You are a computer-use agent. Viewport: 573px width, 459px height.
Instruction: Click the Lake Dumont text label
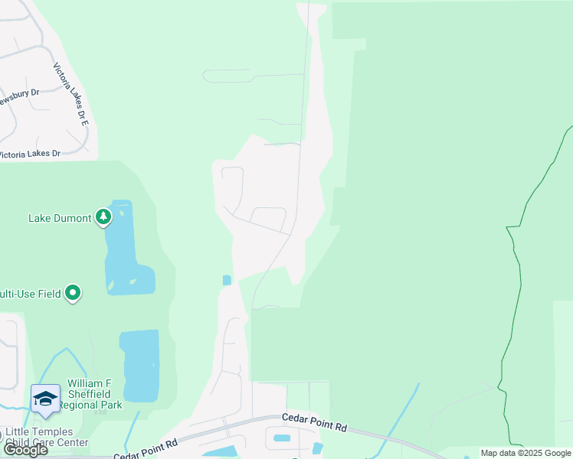pos(60,218)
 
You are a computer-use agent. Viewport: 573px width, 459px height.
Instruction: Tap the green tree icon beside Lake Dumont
pos(103,217)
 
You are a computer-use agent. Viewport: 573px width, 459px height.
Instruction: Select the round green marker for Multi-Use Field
pos(73,293)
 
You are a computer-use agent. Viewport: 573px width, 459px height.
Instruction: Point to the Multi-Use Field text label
pos(30,293)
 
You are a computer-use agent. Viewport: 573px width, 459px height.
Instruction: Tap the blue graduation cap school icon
pos(45,399)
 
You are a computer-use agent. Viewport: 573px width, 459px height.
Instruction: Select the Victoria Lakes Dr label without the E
pos(30,154)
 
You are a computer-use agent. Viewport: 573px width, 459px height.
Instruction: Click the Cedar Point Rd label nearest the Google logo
pos(146,448)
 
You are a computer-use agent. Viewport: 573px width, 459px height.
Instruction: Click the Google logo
pos(25,450)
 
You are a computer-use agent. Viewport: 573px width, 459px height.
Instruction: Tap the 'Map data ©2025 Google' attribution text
pos(525,453)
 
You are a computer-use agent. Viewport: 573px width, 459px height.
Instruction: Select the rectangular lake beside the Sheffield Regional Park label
pos(140,366)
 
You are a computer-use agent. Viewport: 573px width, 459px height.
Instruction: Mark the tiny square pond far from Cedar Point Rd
pos(226,280)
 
